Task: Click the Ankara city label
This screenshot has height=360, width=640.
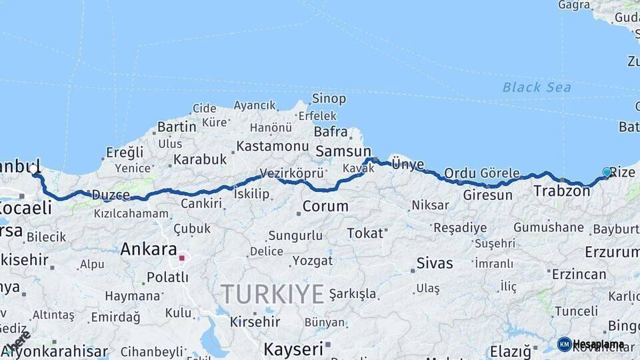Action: click(148, 249)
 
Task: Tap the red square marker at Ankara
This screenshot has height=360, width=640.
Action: click(182, 257)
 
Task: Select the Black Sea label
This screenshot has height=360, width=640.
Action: click(536, 87)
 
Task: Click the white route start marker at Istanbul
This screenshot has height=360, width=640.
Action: click(33, 169)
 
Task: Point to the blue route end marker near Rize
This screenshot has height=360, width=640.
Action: click(607, 172)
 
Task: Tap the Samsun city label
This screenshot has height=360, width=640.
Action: click(343, 151)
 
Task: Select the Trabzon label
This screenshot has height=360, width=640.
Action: click(561, 191)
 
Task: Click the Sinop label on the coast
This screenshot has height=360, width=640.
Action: click(329, 99)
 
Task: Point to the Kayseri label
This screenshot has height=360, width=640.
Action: click(293, 349)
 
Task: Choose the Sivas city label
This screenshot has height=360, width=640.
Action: click(435, 263)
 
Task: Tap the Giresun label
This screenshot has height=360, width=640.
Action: click(487, 195)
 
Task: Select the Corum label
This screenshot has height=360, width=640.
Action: click(325, 206)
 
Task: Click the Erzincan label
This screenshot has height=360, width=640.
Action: click(579, 273)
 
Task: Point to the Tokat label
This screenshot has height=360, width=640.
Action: click(365, 233)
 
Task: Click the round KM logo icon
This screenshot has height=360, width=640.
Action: click(565, 344)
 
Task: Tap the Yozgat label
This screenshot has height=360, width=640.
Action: click(312, 261)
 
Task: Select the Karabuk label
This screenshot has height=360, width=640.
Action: click(201, 159)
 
